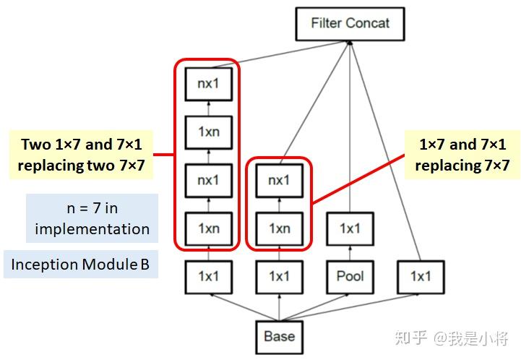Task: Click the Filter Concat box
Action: (350, 24)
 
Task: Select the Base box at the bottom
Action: (279, 336)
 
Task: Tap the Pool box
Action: (350, 276)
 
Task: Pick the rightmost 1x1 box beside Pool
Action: (420, 276)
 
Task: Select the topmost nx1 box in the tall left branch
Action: (208, 84)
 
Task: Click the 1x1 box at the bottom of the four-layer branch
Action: (208, 276)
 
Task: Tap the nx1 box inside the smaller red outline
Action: (279, 180)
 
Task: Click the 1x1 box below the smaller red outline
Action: (279, 276)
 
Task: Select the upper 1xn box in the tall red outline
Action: (208, 132)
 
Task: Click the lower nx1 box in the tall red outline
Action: (208, 180)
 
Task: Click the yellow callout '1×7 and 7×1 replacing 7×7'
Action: (462, 154)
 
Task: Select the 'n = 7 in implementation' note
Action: (92, 218)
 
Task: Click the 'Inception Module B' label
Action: (80, 265)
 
